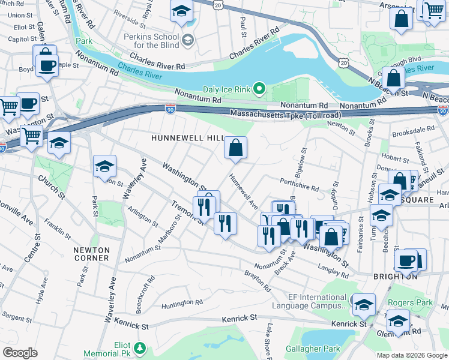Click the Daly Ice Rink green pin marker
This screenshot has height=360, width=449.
259,89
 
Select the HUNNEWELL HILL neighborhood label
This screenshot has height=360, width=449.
187,138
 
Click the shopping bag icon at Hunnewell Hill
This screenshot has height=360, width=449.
236,148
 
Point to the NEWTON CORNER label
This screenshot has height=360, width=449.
91,254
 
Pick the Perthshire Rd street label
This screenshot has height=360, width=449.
299,184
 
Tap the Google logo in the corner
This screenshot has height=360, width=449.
20,353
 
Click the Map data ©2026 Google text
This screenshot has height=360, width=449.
411,355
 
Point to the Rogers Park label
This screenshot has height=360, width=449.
410,303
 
